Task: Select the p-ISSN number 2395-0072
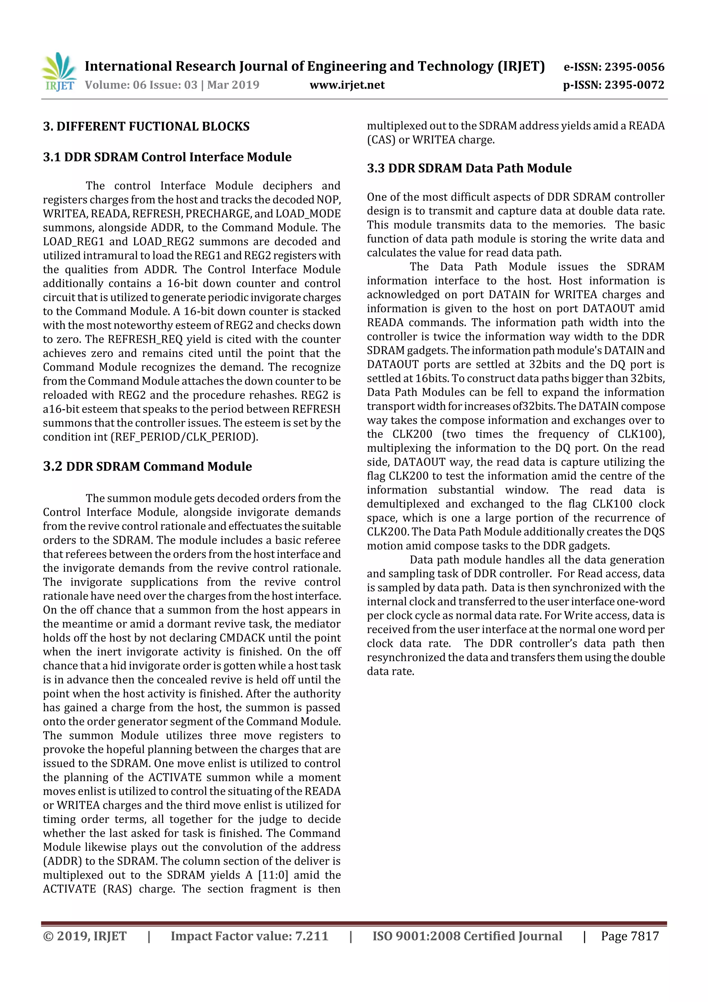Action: (x=634, y=85)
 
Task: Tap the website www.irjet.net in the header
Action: (x=347, y=85)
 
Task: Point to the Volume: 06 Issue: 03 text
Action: (x=141, y=85)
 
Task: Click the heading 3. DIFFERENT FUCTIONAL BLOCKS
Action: (x=146, y=127)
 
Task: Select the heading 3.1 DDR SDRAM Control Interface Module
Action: (x=167, y=157)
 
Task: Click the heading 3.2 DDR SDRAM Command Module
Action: (x=148, y=467)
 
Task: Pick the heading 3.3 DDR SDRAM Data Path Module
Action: (x=469, y=168)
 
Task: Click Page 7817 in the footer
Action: (x=630, y=936)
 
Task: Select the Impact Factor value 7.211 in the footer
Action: (x=311, y=936)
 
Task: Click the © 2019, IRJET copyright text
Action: (x=85, y=936)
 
